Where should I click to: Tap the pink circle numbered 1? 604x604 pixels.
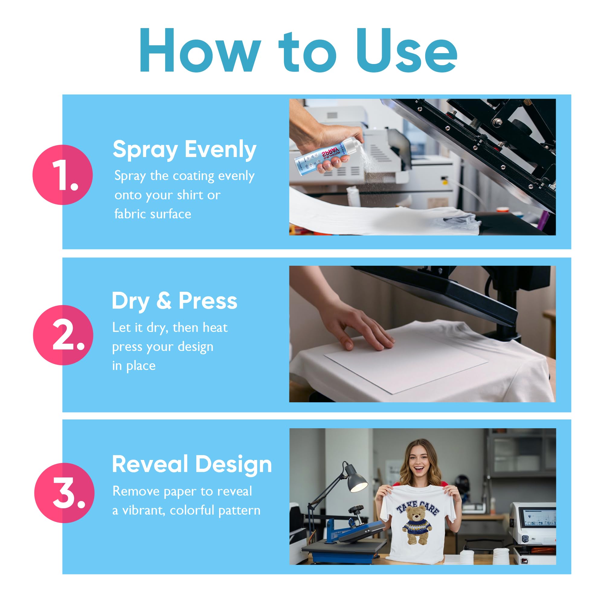click(63, 175)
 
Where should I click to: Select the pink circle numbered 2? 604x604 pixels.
click(63, 335)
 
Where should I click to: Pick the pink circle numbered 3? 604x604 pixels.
click(64, 493)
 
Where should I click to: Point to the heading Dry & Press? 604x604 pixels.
click(175, 301)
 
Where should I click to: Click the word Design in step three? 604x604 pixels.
click(233, 464)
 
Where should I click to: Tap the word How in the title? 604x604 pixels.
click(200, 52)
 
